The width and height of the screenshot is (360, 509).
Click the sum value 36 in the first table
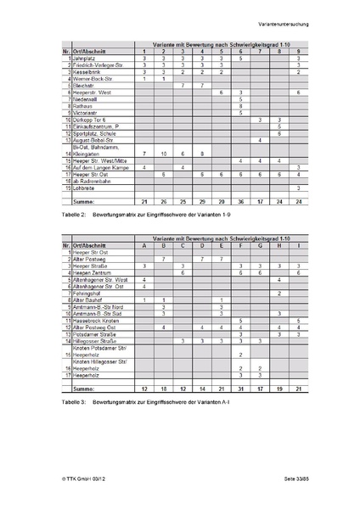[x=241, y=201]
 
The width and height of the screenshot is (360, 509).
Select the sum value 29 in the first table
[x=202, y=201]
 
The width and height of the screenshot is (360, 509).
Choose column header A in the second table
[x=145, y=246]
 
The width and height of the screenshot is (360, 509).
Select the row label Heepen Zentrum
[x=93, y=273]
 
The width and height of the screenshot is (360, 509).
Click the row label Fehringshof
[x=88, y=293]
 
